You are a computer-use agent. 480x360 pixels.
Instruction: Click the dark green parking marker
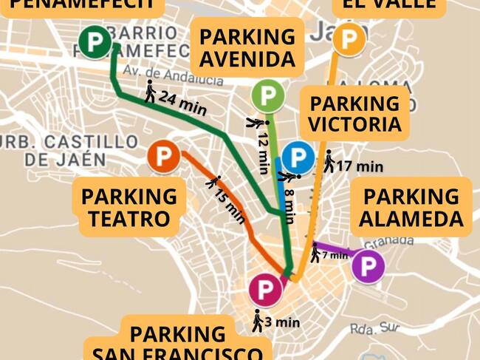94,41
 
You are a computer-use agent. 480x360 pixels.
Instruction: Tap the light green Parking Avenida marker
267,95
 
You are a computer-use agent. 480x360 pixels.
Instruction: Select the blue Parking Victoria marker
298,157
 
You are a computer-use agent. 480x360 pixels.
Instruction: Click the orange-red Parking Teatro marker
163,157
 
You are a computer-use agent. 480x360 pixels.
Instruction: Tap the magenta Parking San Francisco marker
264,289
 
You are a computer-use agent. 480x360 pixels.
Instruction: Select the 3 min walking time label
282,322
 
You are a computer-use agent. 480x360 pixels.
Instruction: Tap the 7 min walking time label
335,255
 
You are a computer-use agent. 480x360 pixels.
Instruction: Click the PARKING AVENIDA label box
247,47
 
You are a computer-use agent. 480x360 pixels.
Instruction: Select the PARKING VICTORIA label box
354,114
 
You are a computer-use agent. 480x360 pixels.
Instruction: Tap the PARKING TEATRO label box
129,208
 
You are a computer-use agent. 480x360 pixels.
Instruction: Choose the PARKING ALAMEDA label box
411,208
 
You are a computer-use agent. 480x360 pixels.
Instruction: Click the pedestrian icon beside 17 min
329,160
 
